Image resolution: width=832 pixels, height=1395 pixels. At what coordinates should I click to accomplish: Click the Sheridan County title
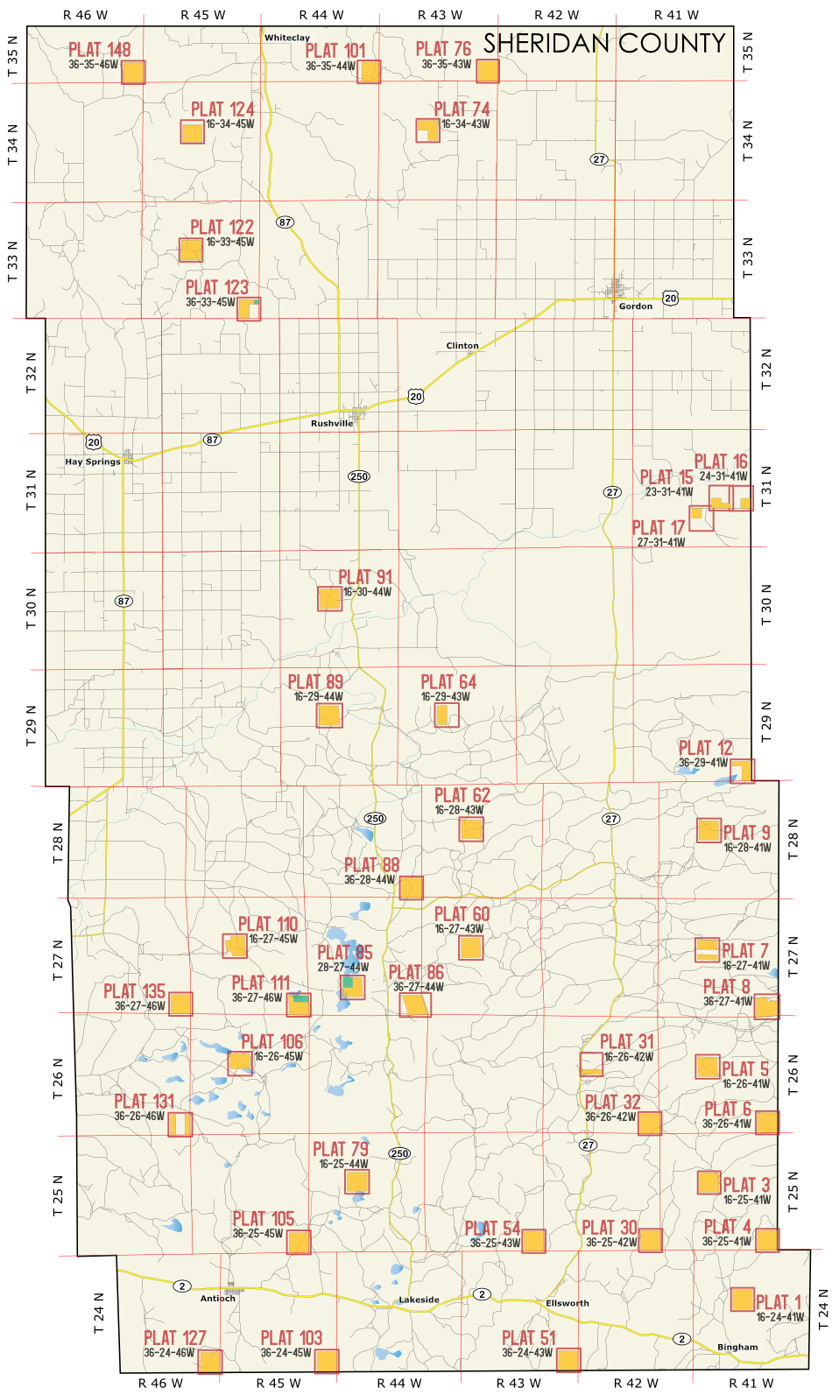(x=604, y=44)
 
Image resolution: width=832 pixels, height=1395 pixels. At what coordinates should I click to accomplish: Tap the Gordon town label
(x=635, y=306)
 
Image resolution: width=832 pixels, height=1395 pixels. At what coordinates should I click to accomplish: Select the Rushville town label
(x=332, y=423)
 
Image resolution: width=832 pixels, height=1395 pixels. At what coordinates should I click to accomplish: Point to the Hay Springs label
(x=93, y=461)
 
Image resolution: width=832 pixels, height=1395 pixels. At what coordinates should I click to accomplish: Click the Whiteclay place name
(x=287, y=38)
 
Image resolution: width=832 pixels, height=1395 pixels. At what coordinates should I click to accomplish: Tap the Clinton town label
(x=462, y=346)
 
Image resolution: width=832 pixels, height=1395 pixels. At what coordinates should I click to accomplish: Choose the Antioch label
(x=218, y=1299)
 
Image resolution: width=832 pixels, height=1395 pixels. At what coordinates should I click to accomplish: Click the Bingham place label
(x=737, y=1347)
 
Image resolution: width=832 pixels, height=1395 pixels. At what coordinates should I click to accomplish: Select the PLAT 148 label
(x=100, y=50)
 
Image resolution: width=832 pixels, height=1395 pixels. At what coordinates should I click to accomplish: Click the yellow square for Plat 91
(x=329, y=599)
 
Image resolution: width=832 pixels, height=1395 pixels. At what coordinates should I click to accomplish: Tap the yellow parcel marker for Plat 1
(x=743, y=1299)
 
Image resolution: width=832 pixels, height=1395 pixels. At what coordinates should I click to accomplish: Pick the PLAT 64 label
(x=448, y=682)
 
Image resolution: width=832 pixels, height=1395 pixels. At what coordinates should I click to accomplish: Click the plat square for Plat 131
(x=180, y=1124)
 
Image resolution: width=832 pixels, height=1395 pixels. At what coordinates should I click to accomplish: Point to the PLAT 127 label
(x=174, y=1338)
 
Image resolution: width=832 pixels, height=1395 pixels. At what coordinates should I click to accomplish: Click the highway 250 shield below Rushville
(x=359, y=476)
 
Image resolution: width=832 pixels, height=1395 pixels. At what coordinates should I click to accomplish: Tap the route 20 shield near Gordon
(x=670, y=299)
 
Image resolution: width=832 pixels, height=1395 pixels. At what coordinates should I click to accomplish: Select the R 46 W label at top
(x=85, y=15)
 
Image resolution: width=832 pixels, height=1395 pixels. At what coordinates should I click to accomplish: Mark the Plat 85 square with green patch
(x=352, y=987)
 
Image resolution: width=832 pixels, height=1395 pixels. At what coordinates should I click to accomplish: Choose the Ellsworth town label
(x=568, y=1303)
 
